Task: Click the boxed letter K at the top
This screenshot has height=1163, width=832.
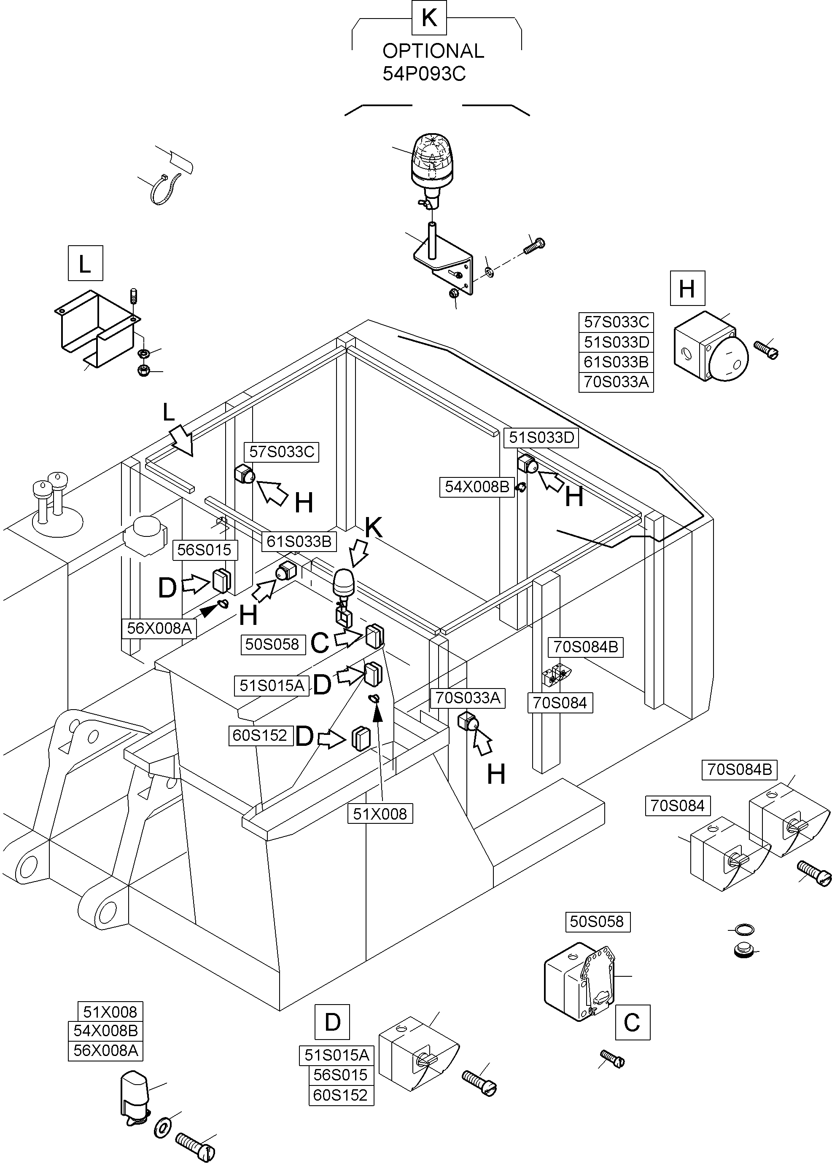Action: click(429, 18)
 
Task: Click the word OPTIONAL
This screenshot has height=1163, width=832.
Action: click(433, 51)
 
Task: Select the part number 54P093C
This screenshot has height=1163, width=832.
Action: click(424, 74)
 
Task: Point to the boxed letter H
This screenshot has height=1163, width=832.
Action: click(687, 289)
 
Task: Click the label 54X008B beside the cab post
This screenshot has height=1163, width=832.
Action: click(477, 487)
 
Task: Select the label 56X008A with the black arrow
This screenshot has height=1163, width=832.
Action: click(159, 628)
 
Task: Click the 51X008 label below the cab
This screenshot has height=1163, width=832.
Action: click(380, 814)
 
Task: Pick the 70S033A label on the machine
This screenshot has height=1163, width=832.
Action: click(467, 698)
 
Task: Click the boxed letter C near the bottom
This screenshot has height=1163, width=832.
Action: click(632, 1022)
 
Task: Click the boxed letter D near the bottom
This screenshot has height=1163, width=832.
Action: click(332, 1022)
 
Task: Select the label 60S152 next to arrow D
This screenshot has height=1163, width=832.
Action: click(260, 736)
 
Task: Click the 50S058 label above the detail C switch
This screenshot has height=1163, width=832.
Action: click(597, 922)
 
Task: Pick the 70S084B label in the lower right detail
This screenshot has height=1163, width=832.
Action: click(739, 769)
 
